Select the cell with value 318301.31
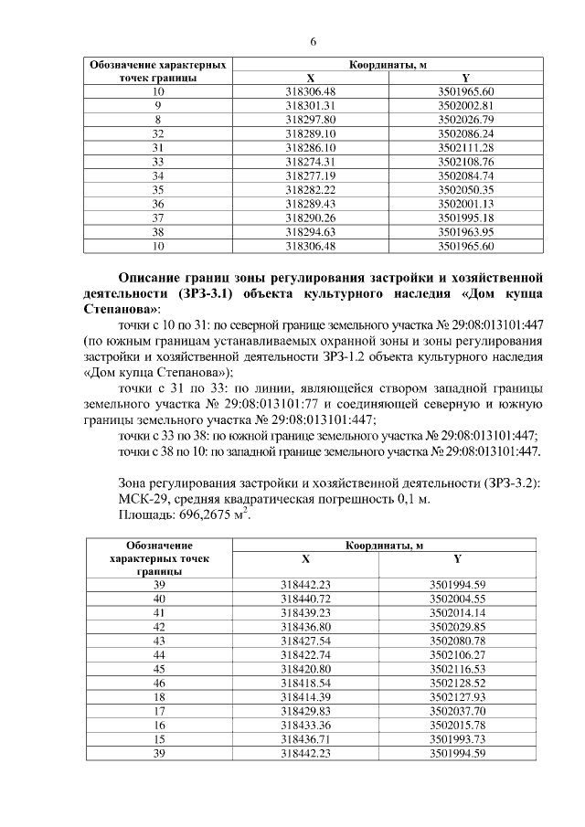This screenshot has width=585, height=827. [312, 106]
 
